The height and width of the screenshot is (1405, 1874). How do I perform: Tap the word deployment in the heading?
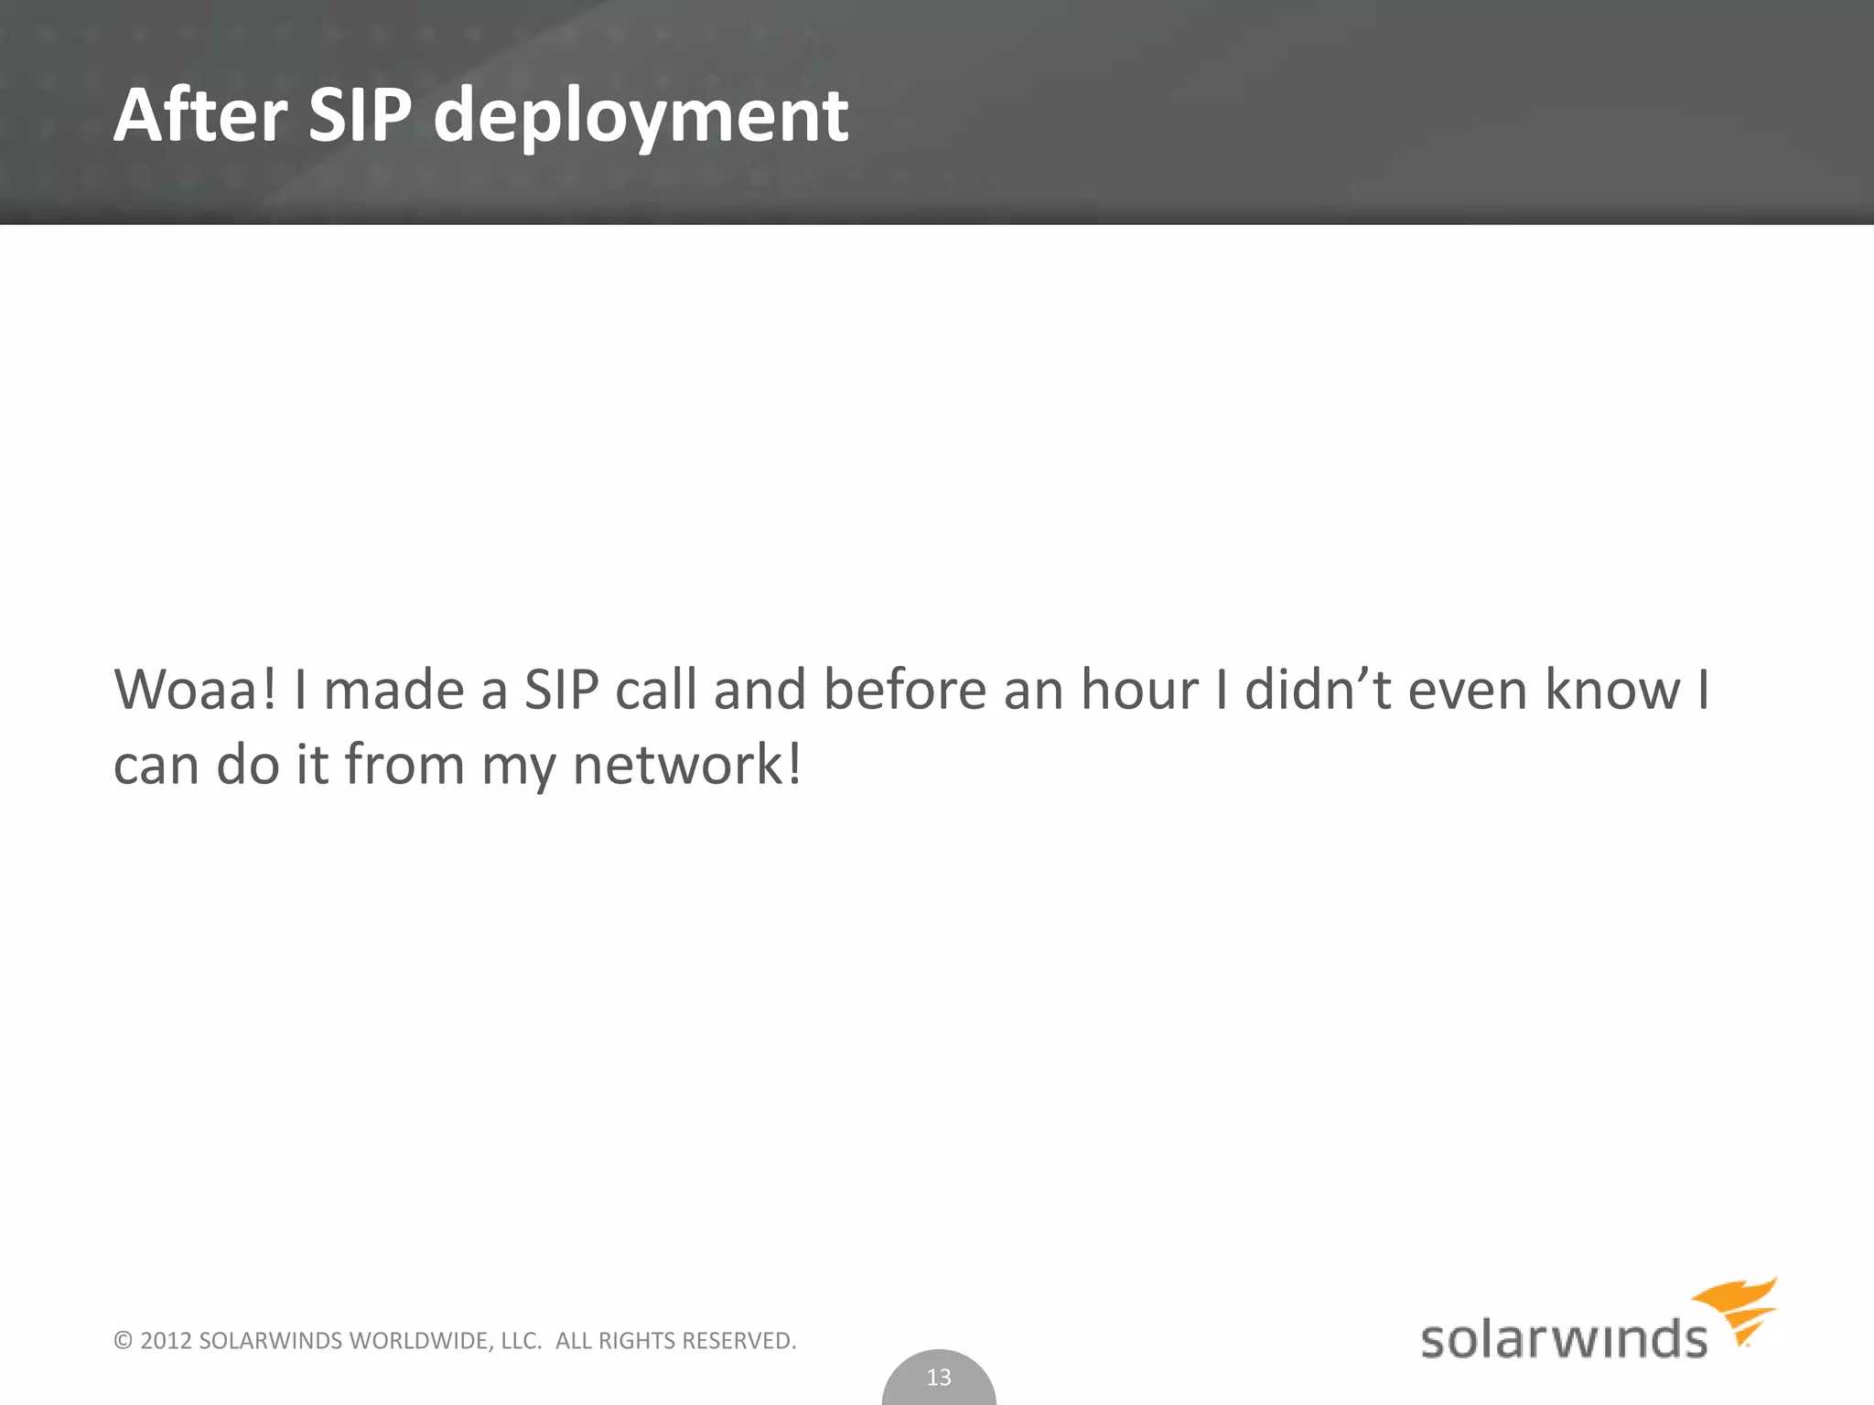click(x=641, y=117)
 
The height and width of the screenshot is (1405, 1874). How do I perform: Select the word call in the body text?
click(x=656, y=690)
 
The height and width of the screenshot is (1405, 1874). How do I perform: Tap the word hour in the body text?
click(x=1139, y=690)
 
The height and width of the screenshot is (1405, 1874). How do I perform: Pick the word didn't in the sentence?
click(x=1319, y=690)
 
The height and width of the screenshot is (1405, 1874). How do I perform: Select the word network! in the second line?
click(x=686, y=765)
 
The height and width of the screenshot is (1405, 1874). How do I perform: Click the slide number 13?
click(x=939, y=1377)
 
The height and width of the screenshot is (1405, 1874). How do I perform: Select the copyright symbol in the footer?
click(x=123, y=1341)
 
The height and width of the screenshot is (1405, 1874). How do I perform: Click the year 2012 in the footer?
click(x=166, y=1341)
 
